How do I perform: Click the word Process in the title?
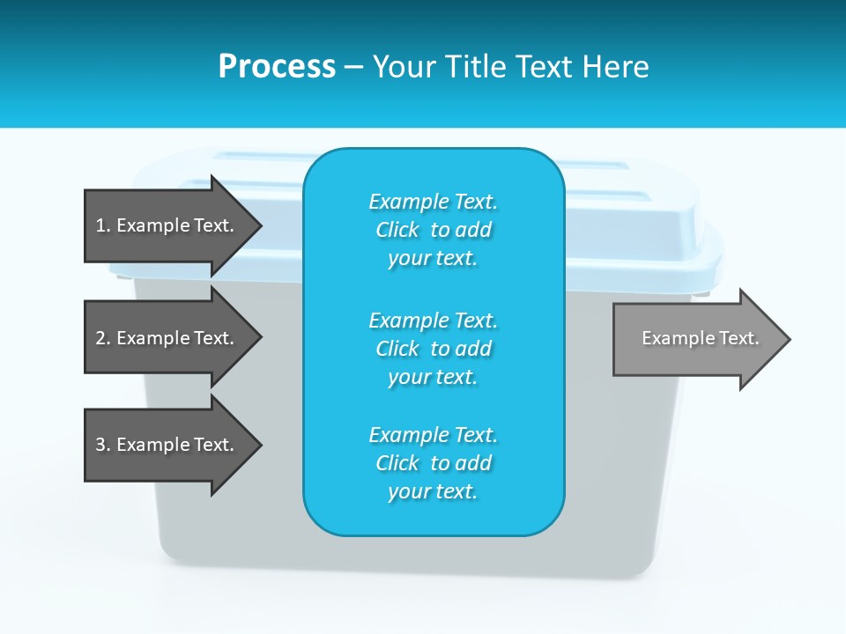point(277,67)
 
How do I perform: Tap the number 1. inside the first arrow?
point(103,225)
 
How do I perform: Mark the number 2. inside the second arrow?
point(103,338)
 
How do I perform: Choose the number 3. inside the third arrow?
point(103,445)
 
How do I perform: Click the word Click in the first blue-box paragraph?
point(397,230)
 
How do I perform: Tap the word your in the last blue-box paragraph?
point(408,491)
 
